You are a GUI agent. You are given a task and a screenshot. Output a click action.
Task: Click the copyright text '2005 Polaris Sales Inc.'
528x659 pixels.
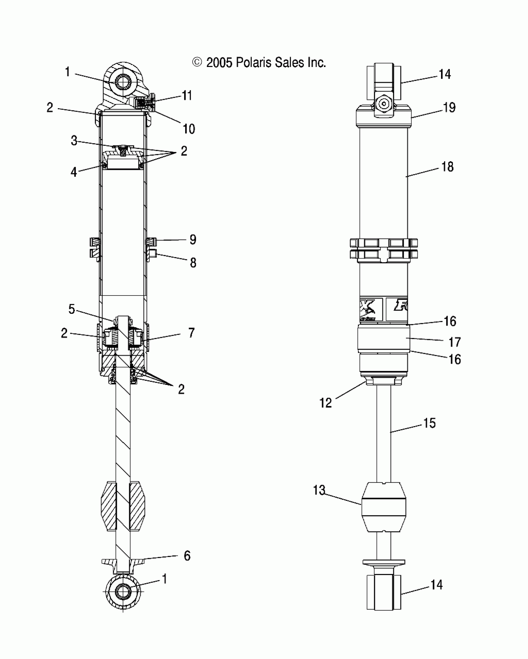[x=259, y=63]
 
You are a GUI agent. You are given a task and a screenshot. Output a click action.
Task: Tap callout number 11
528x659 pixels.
[x=187, y=96]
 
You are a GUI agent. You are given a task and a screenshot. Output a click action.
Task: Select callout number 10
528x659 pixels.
[x=189, y=129]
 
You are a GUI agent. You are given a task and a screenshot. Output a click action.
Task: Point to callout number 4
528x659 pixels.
[x=74, y=171]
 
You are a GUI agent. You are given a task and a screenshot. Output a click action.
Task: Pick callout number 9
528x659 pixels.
[x=193, y=239]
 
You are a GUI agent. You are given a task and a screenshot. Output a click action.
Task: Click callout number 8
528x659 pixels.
[x=193, y=263]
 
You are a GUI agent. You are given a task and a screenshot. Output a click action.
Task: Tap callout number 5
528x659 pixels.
[x=72, y=309]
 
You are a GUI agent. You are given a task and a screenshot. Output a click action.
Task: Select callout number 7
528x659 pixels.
[x=191, y=333]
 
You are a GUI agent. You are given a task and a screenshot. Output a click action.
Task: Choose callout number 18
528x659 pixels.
[x=448, y=167]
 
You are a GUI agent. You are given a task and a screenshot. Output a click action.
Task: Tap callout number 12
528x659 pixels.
[x=325, y=403]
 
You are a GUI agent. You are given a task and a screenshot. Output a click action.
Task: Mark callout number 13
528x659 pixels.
[x=319, y=490]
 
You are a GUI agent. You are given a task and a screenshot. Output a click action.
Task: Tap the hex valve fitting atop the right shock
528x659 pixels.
[x=384, y=104]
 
